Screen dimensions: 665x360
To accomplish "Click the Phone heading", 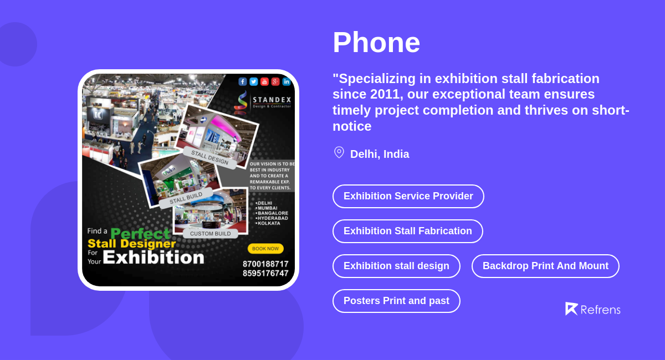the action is click(x=376, y=43).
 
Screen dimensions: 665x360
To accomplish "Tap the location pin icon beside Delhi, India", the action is click(x=339, y=152).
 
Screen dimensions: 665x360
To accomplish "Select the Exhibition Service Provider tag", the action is click(x=408, y=196).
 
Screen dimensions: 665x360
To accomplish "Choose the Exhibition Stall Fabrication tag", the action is click(x=408, y=231).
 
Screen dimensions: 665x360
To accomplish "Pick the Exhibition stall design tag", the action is click(x=396, y=266).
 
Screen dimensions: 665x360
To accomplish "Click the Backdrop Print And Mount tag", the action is click(x=545, y=266).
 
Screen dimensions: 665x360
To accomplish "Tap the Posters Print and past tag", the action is click(x=396, y=301).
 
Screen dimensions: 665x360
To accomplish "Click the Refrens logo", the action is click(x=593, y=309).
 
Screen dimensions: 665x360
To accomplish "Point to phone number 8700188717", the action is click(x=265, y=264).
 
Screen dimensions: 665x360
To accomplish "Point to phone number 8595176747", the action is click(x=265, y=274).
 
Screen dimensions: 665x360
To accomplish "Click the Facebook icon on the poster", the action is click(x=243, y=81).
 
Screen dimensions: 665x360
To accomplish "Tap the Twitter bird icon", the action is click(x=254, y=81).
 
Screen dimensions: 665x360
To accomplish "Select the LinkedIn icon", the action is click(x=287, y=81).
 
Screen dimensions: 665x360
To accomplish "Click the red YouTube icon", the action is click(x=264, y=81).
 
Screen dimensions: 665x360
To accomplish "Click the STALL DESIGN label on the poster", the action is click(x=210, y=158).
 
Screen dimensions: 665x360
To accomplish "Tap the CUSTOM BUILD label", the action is click(x=210, y=234).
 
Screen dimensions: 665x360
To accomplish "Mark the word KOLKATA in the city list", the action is click(x=268, y=223).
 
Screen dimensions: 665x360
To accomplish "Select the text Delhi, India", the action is click(x=380, y=155).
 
